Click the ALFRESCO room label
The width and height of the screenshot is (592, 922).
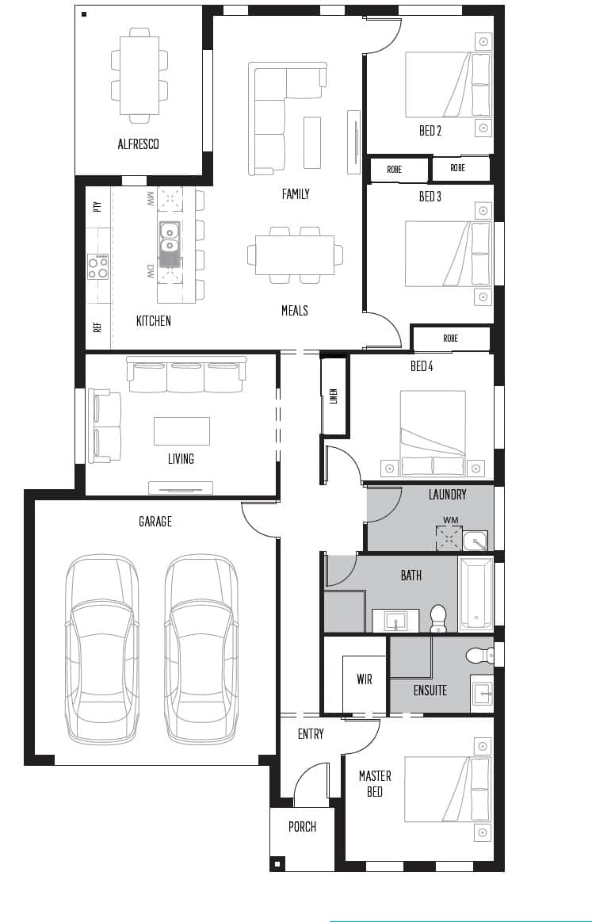(138, 144)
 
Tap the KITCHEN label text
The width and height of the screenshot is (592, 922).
(153, 321)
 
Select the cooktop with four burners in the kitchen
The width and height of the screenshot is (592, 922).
(97, 266)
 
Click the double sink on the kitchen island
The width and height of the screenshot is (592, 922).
(169, 239)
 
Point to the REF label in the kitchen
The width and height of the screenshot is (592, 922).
(97, 326)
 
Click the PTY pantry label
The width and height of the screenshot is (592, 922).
(97, 207)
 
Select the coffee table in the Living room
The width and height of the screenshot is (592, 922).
(181, 430)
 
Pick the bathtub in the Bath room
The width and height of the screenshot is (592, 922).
(476, 593)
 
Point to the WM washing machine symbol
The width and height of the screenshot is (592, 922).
(449, 537)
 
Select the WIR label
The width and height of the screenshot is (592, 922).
(364, 679)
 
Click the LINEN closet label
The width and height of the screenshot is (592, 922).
(334, 396)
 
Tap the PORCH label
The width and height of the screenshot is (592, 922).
(302, 827)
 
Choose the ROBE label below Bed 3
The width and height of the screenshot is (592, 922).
(450, 339)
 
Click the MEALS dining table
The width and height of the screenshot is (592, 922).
(295, 254)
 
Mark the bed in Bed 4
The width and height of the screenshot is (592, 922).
(432, 433)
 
